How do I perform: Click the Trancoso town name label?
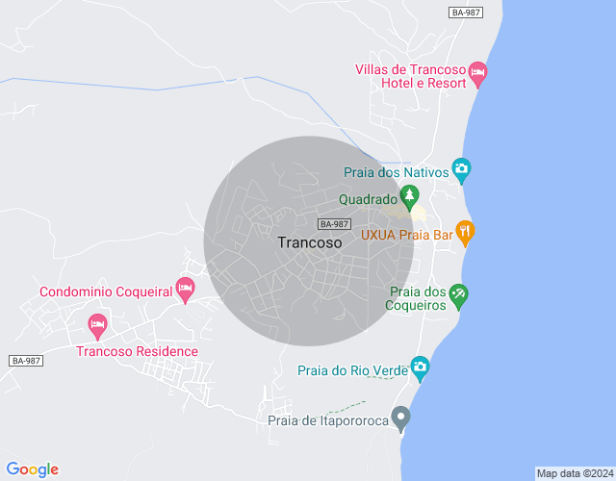pyautogui.click(x=309, y=243)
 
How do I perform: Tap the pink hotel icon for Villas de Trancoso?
pyautogui.click(x=478, y=73)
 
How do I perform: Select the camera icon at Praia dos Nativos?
pyautogui.click(x=461, y=171)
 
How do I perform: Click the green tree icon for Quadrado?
pyautogui.click(x=410, y=197)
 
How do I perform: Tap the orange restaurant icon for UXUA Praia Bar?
pyautogui.click(x=465, y=231)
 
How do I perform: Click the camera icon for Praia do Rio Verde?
pyautogui.click(x=420, y=367)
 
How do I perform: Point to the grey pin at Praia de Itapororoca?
pyautogui.click(x=401, y=418)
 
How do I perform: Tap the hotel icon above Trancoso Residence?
pyautogui.click(x=96, y=325)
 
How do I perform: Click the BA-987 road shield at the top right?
pyautogui.click(x=467, y=12)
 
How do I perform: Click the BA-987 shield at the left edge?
pyautogui.click(x=26, y=361)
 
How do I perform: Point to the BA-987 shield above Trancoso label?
pyautogui.click(x=334, y=223)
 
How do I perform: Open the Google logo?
pyautogui.click(x=32, y=469)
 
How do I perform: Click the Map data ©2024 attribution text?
pyautogui.click(x=575, y=473)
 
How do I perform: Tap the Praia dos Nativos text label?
pyautogui.click(x=397, y=172)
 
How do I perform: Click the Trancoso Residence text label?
pyautogui.click(x=137, y=351)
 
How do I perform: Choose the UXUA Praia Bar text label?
pyautogui.click(x=406, y=234)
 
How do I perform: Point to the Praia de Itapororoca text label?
pyautogui.click(x=327, y=420)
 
